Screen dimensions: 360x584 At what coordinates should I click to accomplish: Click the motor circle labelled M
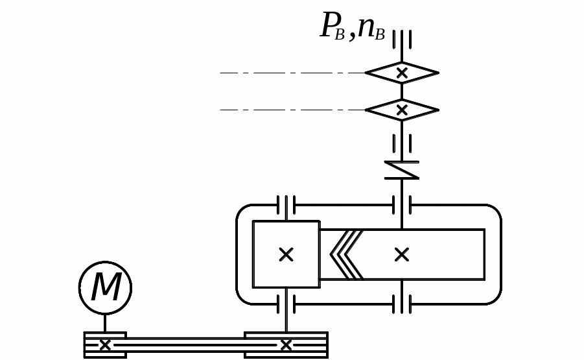point(105,288)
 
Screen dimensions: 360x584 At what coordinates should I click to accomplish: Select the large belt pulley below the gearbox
point(286,345)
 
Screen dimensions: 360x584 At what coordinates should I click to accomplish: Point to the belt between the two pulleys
point(185,345)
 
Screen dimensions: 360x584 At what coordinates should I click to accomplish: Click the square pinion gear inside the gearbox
point(286,254)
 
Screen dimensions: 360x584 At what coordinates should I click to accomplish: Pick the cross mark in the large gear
point(402,254)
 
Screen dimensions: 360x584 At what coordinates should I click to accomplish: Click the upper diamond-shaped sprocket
point(402,73)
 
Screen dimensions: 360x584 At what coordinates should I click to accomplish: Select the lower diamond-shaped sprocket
point(402,110)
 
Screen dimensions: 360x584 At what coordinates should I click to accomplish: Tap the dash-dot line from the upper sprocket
point(292,73)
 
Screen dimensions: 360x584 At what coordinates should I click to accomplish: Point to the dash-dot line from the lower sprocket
point(292,110)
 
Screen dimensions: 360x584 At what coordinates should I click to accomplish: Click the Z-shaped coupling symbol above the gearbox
point(402,170)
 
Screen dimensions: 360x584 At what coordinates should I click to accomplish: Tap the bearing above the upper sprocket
point(402,40)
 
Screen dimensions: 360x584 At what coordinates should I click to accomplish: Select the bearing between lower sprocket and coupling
point(402,143)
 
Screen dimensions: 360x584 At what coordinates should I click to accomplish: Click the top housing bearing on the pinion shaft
point(286,205)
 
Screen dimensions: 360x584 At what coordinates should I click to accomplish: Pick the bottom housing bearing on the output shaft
point(402,304)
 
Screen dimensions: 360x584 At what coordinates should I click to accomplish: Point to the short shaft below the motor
point(105,323)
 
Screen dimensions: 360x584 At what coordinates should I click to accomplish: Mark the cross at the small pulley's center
point(105,345)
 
